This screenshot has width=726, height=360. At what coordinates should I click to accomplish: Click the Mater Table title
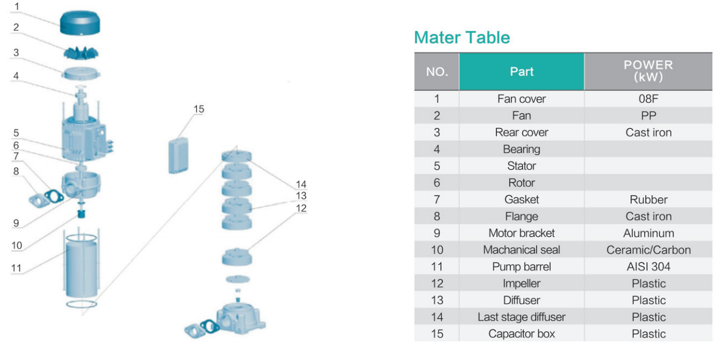point(462,38)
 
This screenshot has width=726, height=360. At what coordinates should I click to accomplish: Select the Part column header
point(521,72)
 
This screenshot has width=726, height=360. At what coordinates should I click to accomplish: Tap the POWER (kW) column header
point(648,72)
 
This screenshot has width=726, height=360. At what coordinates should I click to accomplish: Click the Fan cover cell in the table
point(521,99)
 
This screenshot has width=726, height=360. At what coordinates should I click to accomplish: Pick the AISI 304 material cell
point(648,267)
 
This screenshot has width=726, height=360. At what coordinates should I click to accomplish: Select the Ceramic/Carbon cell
point(648,250)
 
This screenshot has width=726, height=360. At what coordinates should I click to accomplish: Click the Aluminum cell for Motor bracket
point(648,233)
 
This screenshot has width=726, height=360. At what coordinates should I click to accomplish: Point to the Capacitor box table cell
point(521,334)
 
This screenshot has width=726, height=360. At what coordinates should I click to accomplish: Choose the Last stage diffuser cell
point(521,317)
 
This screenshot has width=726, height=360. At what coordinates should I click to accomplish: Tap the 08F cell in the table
point(648,99)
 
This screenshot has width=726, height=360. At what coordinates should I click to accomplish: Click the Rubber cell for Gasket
point(648,200)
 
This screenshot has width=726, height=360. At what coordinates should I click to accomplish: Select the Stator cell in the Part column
point(521,166)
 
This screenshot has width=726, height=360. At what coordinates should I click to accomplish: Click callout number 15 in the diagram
point(198,109)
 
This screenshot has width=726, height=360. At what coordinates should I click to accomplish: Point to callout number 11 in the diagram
point(16,268)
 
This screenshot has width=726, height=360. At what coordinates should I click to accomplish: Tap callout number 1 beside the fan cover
point(17,7)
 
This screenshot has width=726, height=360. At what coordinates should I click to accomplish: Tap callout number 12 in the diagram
point(301,208)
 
